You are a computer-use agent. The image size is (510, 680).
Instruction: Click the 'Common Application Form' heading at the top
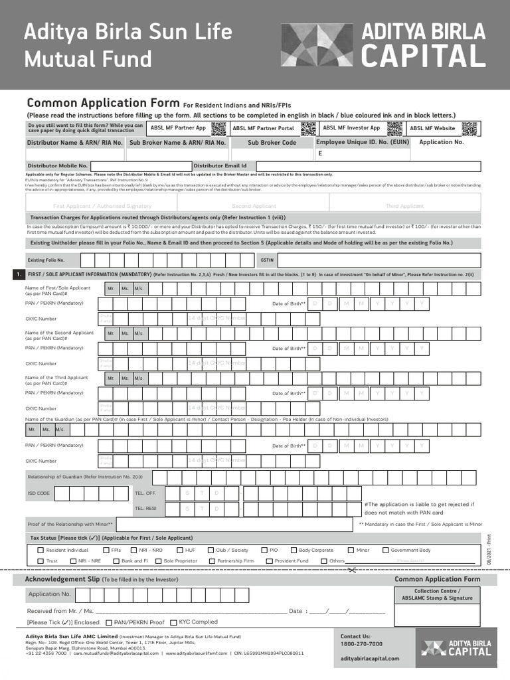click(x=103, y=103)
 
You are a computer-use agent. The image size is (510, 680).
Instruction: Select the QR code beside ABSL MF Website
click(x=469, y=128)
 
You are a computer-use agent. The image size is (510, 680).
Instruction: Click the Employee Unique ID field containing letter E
click(x=363, y=153)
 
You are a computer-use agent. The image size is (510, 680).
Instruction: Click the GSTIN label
click(x=267, y=260)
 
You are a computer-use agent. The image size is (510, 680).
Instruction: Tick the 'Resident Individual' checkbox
click(x=41, y=550)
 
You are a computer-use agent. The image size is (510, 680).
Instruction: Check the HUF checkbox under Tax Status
click(x=180, y=550)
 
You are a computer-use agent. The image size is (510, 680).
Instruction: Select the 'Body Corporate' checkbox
click(x=294, y=550)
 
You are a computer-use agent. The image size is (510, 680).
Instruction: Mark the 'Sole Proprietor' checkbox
click(x=158, y=560)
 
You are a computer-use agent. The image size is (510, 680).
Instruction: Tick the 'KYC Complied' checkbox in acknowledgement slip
click(x=173, y=622)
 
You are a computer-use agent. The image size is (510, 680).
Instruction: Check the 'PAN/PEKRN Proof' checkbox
click(x=109, y=622)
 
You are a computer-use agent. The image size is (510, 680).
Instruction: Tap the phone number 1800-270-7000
click(x=361, y=643)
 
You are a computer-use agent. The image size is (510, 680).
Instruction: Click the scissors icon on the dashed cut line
click(x=353, y=569)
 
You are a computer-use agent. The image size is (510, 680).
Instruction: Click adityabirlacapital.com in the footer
click(x=370, y=658)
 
